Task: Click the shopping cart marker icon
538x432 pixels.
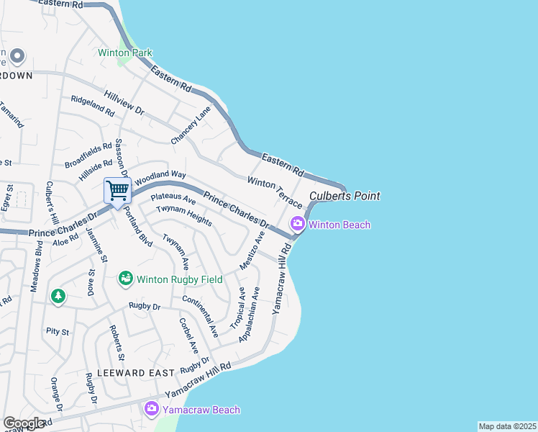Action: pyautogui.click(x=117, y=192)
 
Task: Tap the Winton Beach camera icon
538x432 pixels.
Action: pyautogui.click(x=297, y=225)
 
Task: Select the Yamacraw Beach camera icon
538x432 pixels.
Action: pyautogui.click(x=151, y=410)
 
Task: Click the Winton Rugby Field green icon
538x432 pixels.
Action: pyautogui.click(x=126, y=279)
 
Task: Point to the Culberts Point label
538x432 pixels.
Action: pyautogui.click(x=345, y=196)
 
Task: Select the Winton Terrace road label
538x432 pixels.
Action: pyautogui.click(x=275, y=192)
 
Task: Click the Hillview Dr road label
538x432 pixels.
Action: pyautogui.click(x=124, y=102)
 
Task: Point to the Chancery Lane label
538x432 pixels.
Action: pyautogui.click(x=191, y=124)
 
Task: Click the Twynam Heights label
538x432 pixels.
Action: pyautogui.click(x=184, y=215)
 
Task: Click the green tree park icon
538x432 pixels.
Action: pyautogui.click(x=58, y=296)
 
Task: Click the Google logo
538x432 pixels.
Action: pyautogui.click(x=24, y=423)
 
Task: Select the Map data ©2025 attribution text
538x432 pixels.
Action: pyautogui.click(x=506, y=426)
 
